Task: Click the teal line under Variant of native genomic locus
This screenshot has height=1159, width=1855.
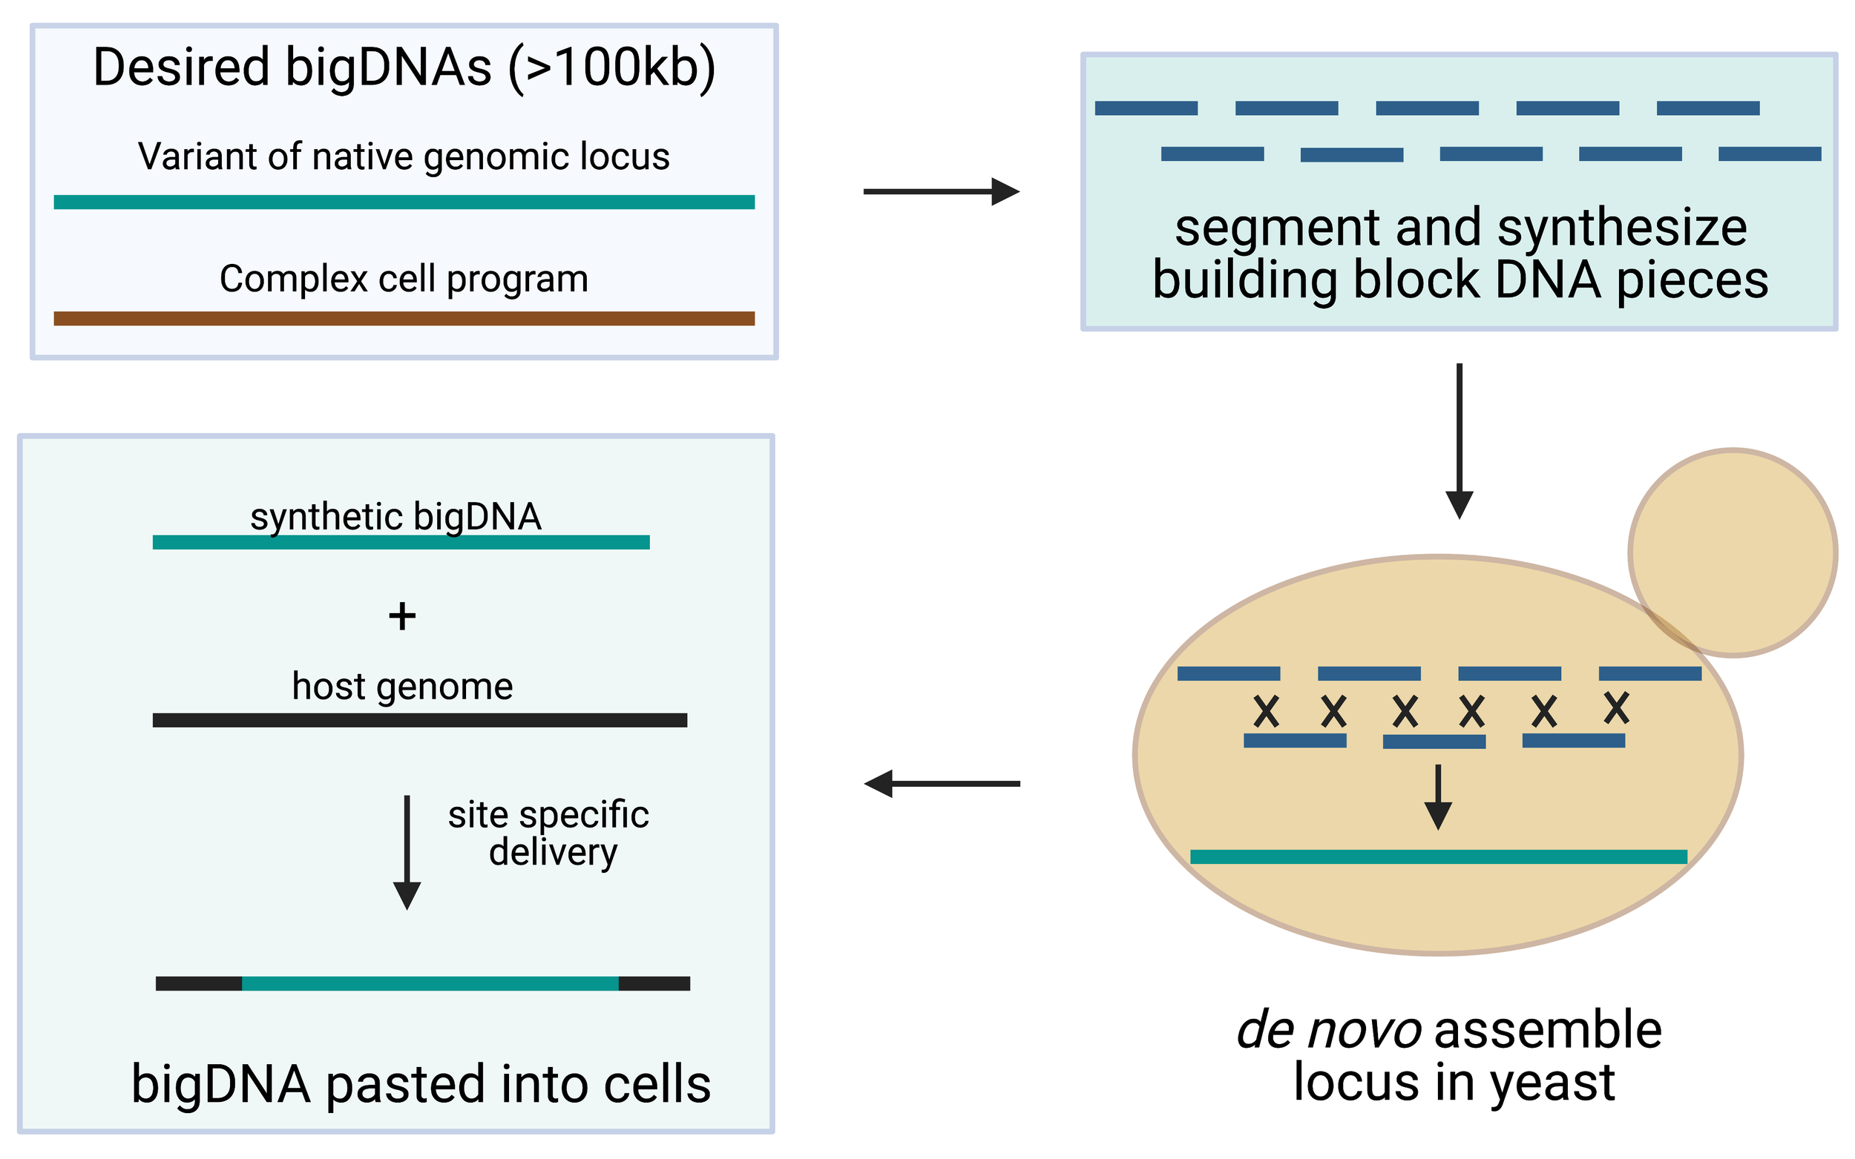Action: (x=404, y=202)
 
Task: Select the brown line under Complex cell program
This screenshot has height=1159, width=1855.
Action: (x=404, y=318)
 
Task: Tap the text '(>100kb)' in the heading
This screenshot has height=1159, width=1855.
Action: (x=611, y=67)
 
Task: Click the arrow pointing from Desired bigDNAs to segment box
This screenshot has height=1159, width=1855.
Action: (x=941, y=191)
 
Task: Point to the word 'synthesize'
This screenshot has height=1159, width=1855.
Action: (x=1622, y=228)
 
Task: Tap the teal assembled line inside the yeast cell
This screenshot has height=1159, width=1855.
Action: (x=1438, y=857)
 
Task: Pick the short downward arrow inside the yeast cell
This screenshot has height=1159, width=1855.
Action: (x=1438, y=797)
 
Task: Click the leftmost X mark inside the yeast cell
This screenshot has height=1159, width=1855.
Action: (x=1266, y=711)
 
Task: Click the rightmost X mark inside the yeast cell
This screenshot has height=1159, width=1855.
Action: (x=1616, y=707)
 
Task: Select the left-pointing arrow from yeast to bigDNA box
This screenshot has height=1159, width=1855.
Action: (x=942, y=783)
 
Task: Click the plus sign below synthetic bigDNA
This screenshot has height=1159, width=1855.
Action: (x=402, y=616)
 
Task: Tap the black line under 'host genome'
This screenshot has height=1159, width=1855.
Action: (x=419, y=720)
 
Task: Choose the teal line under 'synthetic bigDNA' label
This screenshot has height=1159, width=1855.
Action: (x=401, y=543)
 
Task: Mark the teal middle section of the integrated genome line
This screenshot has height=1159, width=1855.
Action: (x=430, y=983)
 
